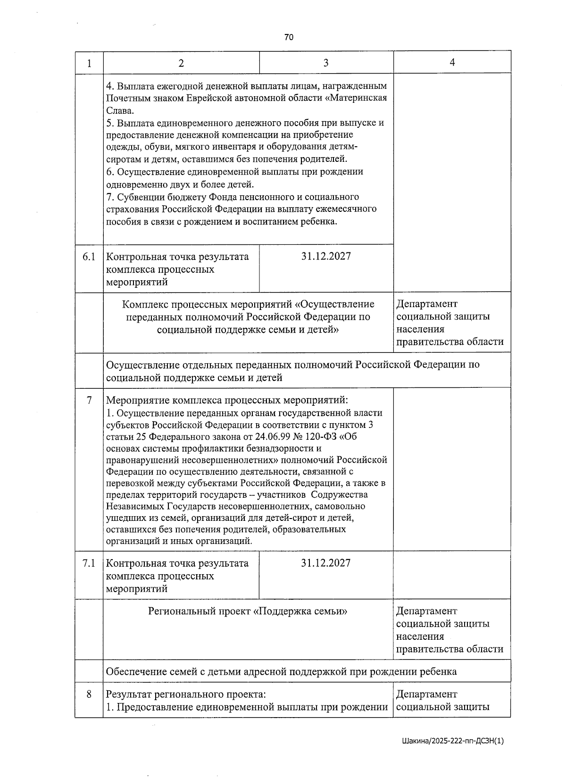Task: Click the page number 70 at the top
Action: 289,37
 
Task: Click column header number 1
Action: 89,63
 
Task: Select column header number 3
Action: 326,63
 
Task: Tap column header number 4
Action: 452,62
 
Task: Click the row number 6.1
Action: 89,257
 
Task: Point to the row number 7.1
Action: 89,563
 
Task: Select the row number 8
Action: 89,694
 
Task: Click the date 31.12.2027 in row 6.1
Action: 326,256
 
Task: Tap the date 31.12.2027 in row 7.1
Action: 326,563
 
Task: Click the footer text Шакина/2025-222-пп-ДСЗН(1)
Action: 453,741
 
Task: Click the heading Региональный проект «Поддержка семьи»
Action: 248,611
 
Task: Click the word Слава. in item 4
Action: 120,111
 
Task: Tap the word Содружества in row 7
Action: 340,495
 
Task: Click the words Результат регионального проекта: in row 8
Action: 186,694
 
